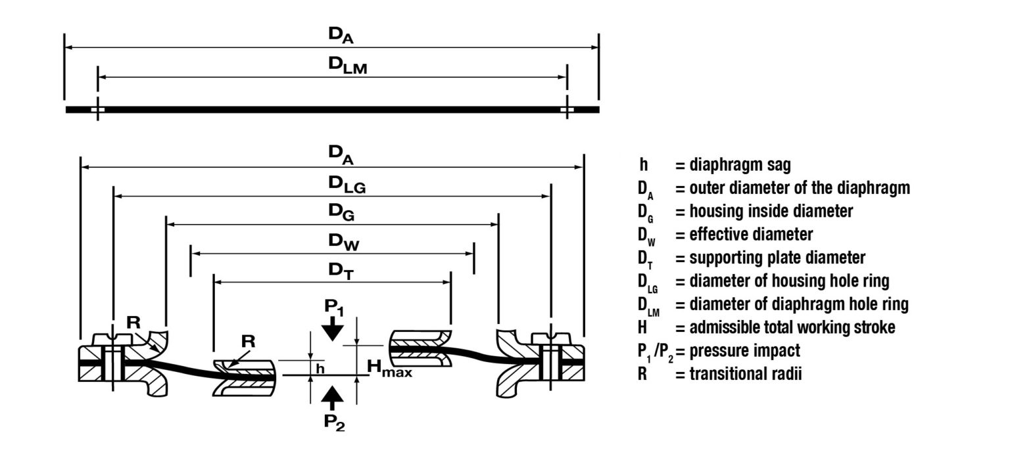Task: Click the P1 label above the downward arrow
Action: point(333,306)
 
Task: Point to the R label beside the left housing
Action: point(133,323)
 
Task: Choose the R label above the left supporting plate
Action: point(248,342)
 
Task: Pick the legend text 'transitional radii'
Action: point(746,374)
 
